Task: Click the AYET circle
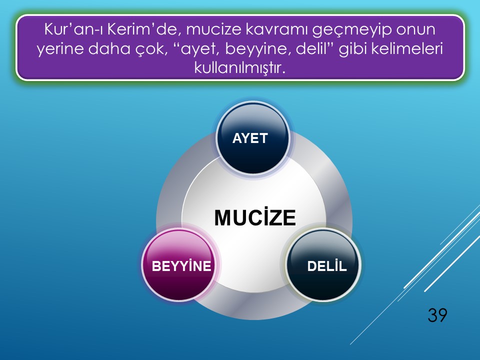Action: (x=253, y=138)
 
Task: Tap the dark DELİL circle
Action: (x=323, y=265)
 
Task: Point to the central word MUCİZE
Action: (x=255, y=217)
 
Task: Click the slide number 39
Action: (x=437, y=315)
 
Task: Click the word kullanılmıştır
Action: (x=240, y=67)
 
